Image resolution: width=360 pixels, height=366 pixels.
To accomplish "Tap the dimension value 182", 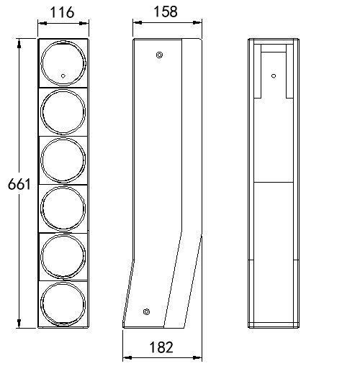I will pyautogui.click(x=161, y=348).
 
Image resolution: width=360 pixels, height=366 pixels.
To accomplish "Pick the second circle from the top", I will pyautogui.click(x=63, y=111).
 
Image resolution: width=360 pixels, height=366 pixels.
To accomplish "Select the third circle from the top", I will pyautogui.click(x=63, y=160).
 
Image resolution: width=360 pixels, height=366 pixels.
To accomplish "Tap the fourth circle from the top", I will pyautogui.click(x=63, y=209).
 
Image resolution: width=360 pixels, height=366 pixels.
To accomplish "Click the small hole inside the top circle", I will pyautogui.click(x=63, y=75).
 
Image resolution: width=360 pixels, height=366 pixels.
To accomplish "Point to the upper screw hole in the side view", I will pyautogui.click(x=159, y=55).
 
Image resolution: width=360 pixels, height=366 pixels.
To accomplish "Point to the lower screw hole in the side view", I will pyautogui.click(x=147, y=311).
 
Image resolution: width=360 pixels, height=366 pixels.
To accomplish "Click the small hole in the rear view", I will pyautogui.click(x=273, y=75).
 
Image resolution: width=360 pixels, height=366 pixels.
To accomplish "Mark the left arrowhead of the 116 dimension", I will pyautogui.click(x=41, y=23).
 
